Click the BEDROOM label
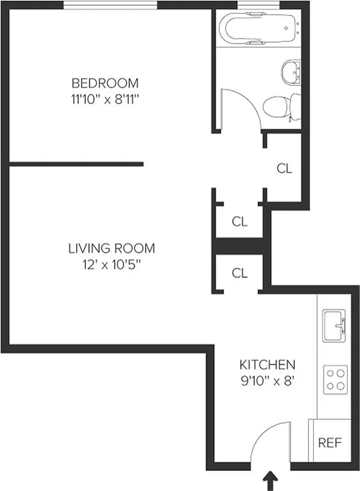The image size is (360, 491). pos(105,82)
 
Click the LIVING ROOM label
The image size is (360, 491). pos(111,249)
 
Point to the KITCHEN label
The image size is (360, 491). pos(267,365)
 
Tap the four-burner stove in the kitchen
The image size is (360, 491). pos(335,379)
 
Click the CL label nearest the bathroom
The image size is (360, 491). pos(284,169)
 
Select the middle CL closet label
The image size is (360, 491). pos(240,222)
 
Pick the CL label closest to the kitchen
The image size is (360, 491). pos(240,273)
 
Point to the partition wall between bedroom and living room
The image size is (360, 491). pos(77,164)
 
